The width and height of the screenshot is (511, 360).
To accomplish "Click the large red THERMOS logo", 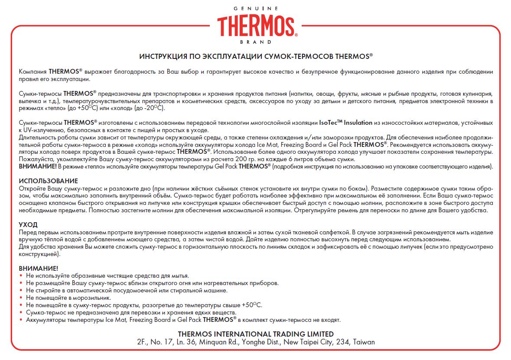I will (x=256, y=26).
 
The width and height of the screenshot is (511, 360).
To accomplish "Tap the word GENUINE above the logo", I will (x=255, y=9).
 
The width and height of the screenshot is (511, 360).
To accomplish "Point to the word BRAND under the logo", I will (x=255, y=42).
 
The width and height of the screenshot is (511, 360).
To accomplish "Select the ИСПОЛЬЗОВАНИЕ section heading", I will (x=49, y=181).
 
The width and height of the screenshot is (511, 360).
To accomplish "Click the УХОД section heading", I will (x=28, y=225).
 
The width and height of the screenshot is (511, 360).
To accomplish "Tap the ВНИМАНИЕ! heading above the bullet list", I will (x=39, y=269).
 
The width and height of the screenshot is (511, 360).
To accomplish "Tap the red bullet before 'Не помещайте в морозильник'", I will (x=22, y=298).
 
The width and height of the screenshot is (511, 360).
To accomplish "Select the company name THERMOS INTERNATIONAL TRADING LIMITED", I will (x=256, y=334).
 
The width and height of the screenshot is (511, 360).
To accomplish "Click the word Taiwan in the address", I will (x=364, y=342).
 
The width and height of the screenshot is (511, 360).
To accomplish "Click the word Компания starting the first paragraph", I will (x=33, y=71).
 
